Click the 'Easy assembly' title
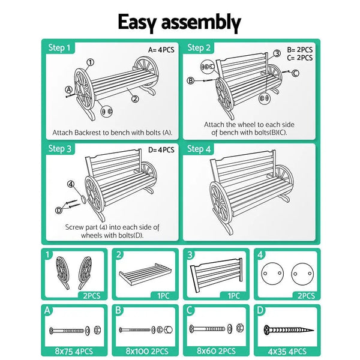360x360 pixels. (179, 22)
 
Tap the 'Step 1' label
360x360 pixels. (59, 48)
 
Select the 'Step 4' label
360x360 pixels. (199, 149)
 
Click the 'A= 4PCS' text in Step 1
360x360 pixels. (161, 50)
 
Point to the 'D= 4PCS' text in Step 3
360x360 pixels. (161, 150)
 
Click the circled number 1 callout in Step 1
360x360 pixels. (91, 62)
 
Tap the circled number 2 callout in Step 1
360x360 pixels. (135, 99)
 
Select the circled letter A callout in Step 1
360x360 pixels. (68, 90)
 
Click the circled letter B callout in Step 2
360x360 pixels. (191, 80)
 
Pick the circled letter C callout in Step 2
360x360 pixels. (295, 73)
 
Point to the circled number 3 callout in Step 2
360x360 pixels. (277, 53)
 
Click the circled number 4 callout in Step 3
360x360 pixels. (71, 184)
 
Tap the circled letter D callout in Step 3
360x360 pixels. (59, 211)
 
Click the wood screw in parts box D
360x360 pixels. (289, 331)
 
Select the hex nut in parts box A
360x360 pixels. (97, 330)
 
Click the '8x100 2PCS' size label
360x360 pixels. (147, 351)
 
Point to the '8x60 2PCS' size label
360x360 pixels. (216, 351)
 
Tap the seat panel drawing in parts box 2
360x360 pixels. (145, 274)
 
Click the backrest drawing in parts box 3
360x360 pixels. (216, 275)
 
